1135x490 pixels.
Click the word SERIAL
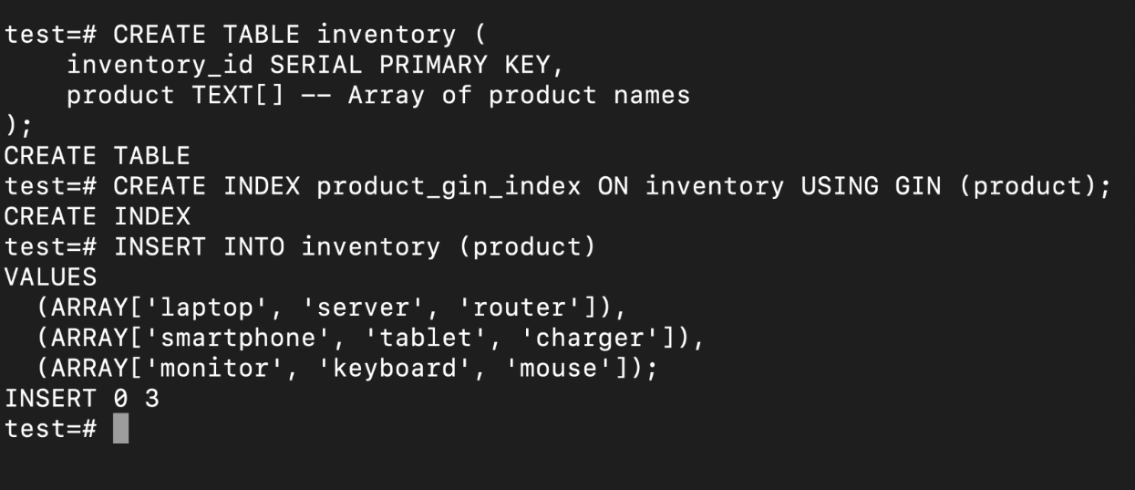(x=315, y=65)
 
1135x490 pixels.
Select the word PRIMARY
(x=433, y=65)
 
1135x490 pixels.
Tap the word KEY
(x=527, y=65)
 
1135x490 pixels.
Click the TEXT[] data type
(x=237, y=96)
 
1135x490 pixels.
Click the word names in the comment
(x=652, y=96)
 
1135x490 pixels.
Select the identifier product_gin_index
(x=449, y=187)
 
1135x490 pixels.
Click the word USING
(x=839, y=186)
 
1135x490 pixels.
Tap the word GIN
(x=918, y=186)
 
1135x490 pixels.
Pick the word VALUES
(x=50, y=277)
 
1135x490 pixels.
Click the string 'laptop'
(x=207, y=308)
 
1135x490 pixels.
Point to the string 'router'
(x=520, y=308)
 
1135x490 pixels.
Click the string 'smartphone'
(x=238, y=339)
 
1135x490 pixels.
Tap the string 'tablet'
(x=426, y=338)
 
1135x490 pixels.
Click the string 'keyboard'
(x=395, y=369)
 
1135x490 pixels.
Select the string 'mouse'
(x=558, y=369)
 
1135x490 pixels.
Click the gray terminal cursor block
(x=120, y=428)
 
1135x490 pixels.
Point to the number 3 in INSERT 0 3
(x=152, y=398)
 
